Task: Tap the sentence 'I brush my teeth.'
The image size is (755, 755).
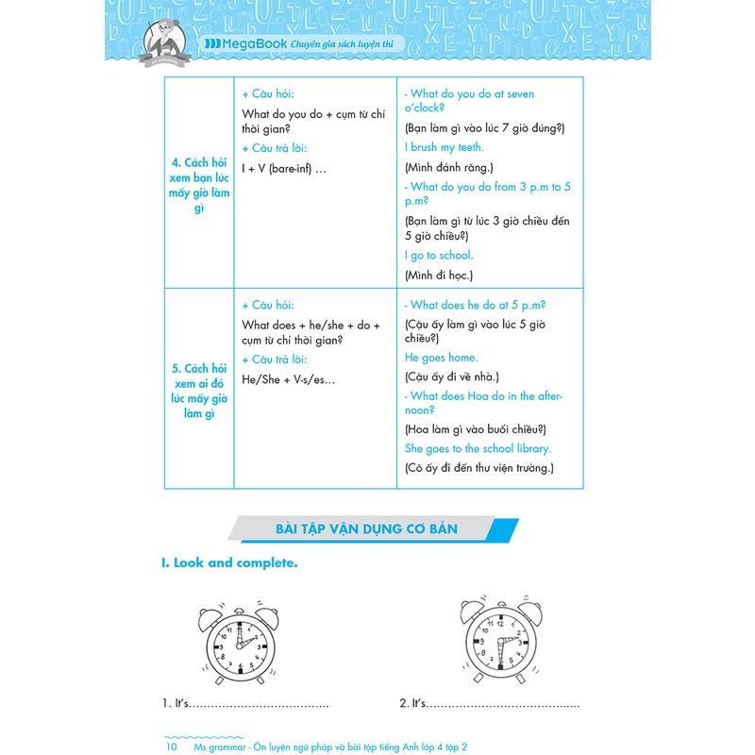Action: point(444,147)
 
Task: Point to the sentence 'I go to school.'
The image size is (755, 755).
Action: point(439,255)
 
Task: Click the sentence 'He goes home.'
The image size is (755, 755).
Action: point(441,358)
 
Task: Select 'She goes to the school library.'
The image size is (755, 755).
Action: point(478,448)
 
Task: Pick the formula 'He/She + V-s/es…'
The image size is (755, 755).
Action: point(289,378)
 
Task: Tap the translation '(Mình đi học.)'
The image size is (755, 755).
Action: point(438,275)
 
